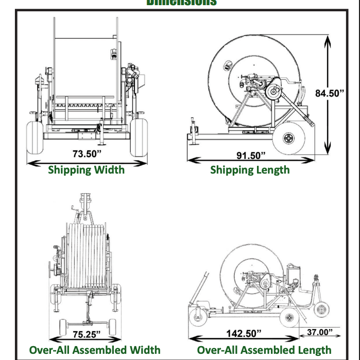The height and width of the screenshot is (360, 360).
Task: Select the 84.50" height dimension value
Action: [x=330, y=93]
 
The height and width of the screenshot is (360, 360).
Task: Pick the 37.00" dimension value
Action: [x=320, y=332]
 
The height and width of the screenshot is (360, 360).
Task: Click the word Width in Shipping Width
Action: [x=108, y=169]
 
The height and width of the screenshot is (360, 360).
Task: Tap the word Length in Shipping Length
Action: [x=271, y=169]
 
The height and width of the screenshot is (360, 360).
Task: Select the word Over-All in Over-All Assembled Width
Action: [x=48, y=350]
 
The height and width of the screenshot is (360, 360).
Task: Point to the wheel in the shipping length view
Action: [x=289, y=137]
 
